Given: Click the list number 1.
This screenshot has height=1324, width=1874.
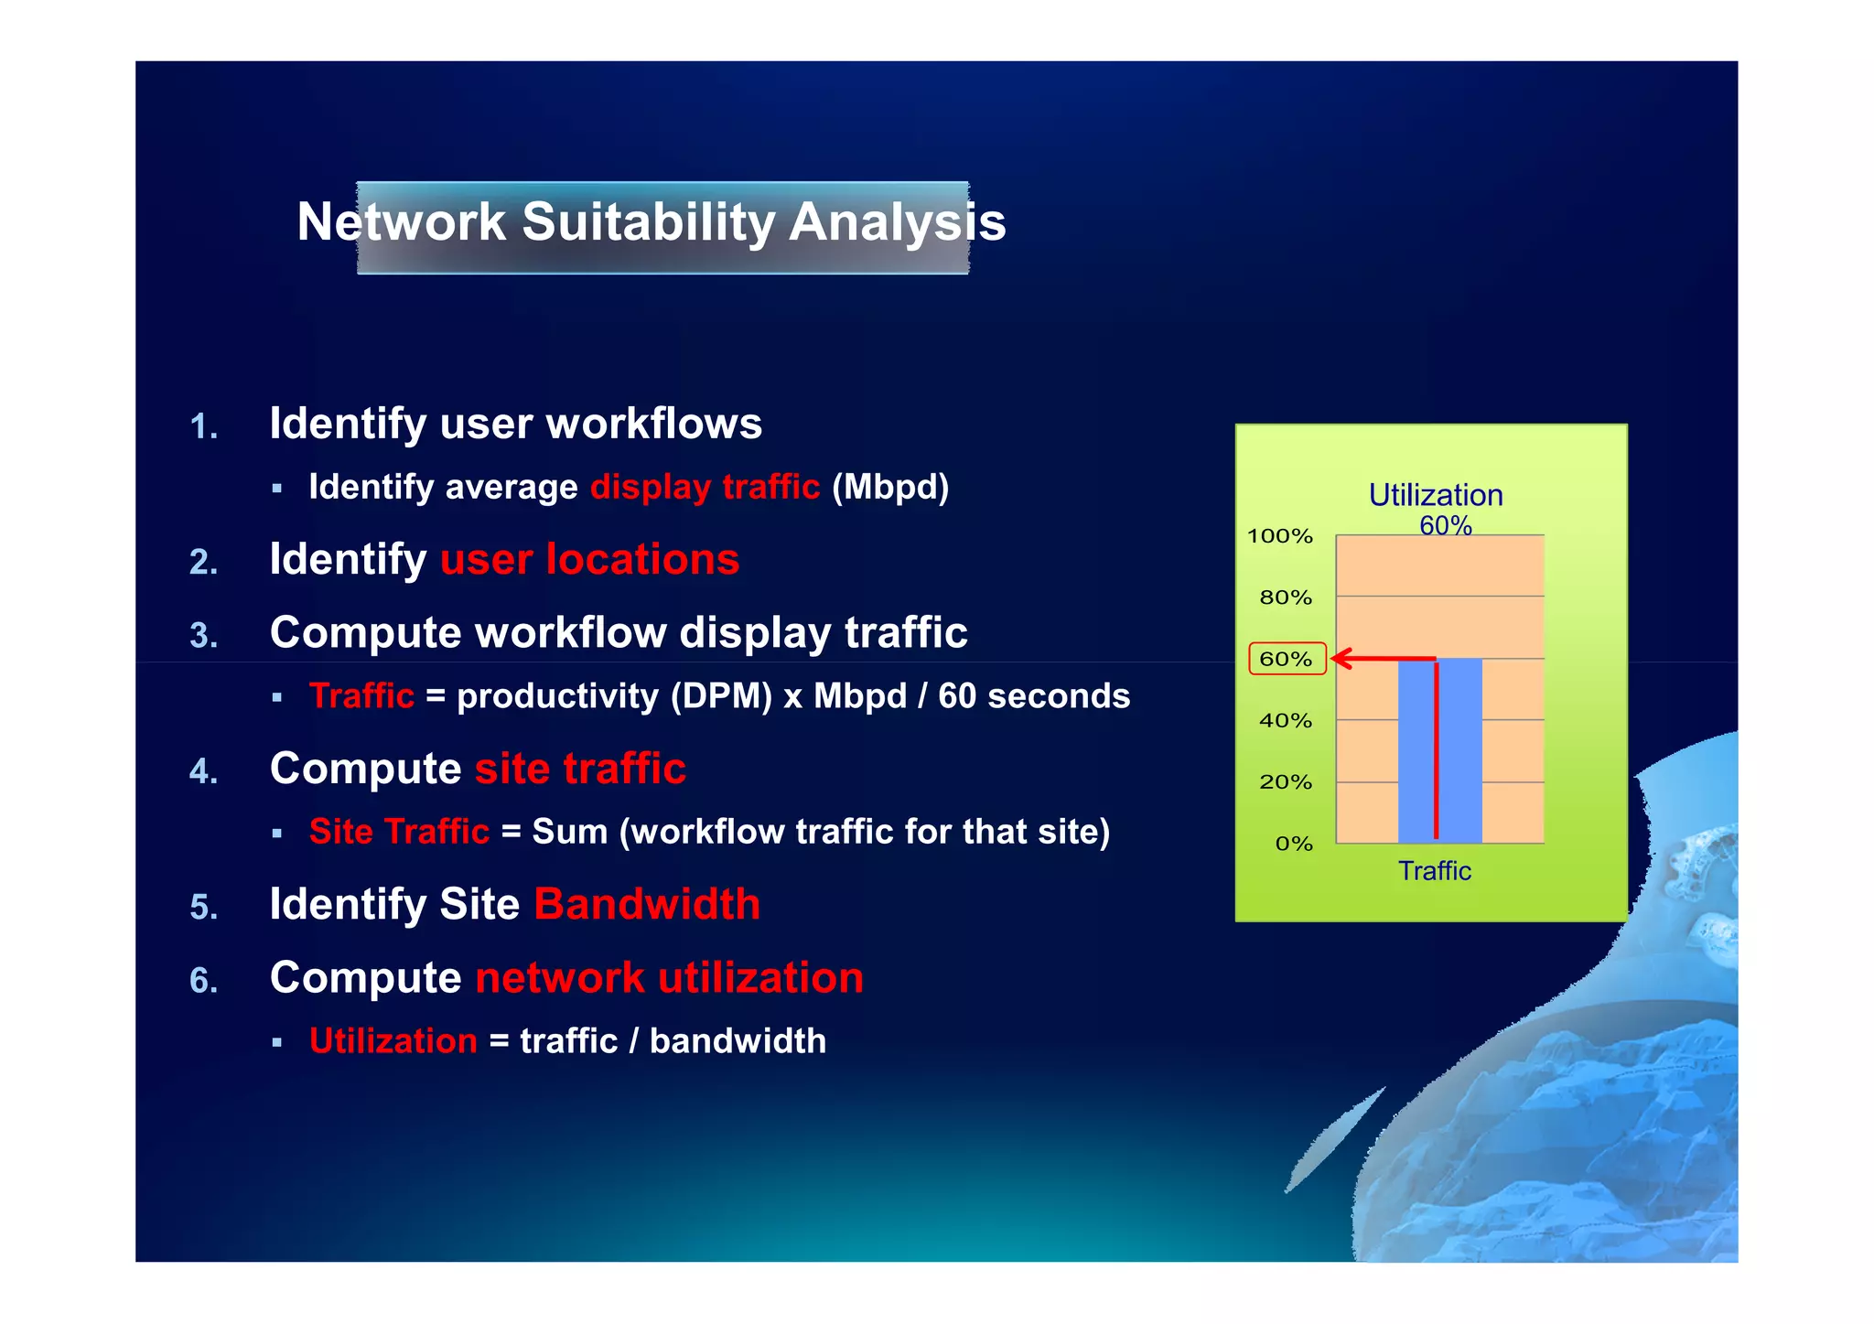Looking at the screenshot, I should (x=203, y=427).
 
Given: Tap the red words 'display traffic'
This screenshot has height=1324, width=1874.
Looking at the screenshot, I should (x=705, y=487).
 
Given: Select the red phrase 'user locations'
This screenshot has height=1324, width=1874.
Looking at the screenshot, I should (x=589, y=559).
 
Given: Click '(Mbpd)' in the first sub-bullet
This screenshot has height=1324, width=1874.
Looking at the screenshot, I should (x=889, y=487).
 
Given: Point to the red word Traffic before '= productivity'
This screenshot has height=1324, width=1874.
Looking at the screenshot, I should (x=361, y=696).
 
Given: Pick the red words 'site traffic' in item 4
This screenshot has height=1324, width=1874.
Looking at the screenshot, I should (x=580, y=769).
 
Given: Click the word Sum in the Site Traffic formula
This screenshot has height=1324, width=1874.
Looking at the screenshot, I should (x=569, y=832).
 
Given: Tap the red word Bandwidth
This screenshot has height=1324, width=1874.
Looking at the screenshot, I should (x=647, y=904).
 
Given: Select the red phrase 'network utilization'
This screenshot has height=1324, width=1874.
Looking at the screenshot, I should (x=669, y=977).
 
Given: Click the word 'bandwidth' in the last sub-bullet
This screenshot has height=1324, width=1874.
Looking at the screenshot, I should (x=738, y=1041).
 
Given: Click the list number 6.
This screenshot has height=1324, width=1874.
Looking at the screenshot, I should (x=203, y=981).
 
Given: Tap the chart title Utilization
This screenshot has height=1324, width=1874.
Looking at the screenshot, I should (x=1435, y=495).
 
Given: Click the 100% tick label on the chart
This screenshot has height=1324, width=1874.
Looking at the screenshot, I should (x=1279, y=536).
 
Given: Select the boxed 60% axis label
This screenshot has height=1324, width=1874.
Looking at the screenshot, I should (x=1286, y=659).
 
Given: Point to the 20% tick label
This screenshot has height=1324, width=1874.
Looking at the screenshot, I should (x=1285, y=782).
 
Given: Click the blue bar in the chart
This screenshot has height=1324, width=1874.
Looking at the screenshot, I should (x=1460, y=750).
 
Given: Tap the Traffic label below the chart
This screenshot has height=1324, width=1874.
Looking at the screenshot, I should (x=1434, y=871).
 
